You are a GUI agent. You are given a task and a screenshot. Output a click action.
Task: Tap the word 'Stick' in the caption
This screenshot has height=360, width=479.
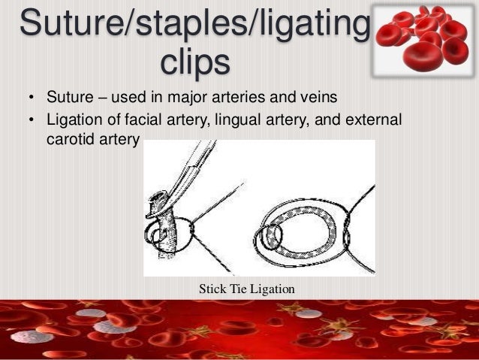(x=213, y=288)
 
